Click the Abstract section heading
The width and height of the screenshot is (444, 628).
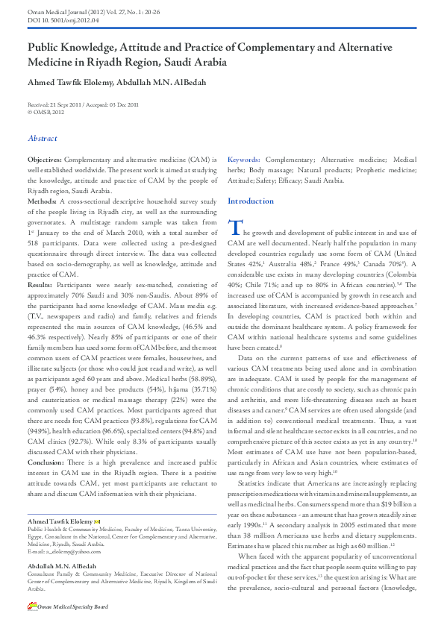pyautogui.click(x=43, y=138)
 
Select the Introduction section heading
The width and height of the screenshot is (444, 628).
pyautogui.click(x=250, y=201)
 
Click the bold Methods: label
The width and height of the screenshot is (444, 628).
pyautogui.click(x=42, y=202)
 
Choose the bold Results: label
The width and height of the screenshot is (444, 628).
pyautogui.click(x=40, y=285)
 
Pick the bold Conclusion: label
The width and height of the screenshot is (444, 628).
pyautogui.click(x=46, y=462)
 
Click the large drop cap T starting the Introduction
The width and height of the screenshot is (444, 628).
pyautogui.click(x=234, y=228)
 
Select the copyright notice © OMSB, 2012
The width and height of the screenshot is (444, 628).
pyautogui.click(x=46, y=111)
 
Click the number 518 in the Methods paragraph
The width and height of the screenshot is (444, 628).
pyautogui.click(x=34, y=244)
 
